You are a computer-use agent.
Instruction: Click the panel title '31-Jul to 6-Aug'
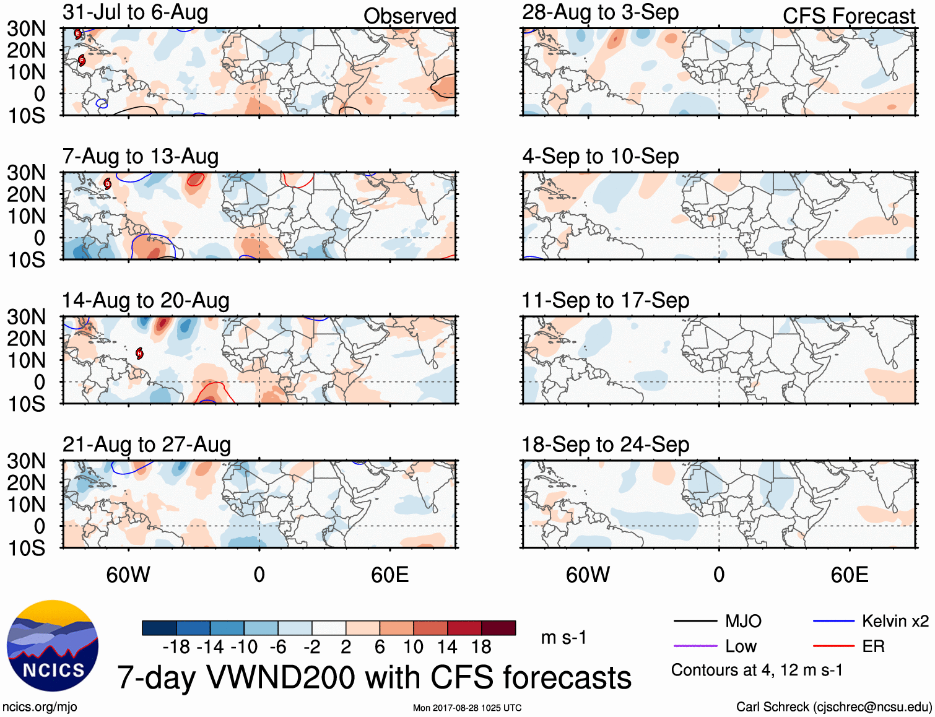click(135, 13)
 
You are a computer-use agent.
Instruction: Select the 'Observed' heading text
click(409, 16)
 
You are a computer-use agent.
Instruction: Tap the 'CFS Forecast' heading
click(848, 16)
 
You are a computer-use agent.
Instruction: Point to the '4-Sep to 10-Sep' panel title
click(600, 157)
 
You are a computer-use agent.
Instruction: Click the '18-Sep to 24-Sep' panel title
click(605, 445)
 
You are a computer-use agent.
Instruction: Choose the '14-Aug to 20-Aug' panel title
click(146, 300)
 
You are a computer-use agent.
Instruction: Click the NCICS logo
click(53, 646)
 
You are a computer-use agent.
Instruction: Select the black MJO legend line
click(695, 621)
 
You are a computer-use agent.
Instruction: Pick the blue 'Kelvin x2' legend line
click(833, 621)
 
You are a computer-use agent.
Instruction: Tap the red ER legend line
click(833, 646)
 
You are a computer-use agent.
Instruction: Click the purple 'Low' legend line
click(695, 646)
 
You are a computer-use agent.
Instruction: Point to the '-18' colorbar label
click(176, 647)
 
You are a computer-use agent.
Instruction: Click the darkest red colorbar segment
click(498, 628)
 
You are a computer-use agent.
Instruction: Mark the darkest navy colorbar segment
click(159, 628)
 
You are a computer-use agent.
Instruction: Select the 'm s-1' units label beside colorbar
click(563, 638)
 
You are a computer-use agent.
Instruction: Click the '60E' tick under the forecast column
click(849, 575)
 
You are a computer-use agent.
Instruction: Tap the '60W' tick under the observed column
click(128, 575)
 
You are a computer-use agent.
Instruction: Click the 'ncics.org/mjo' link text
click(40, 707)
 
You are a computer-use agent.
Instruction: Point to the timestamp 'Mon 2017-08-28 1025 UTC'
click(467, 708)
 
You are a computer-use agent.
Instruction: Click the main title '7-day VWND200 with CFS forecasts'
click(374, 677)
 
